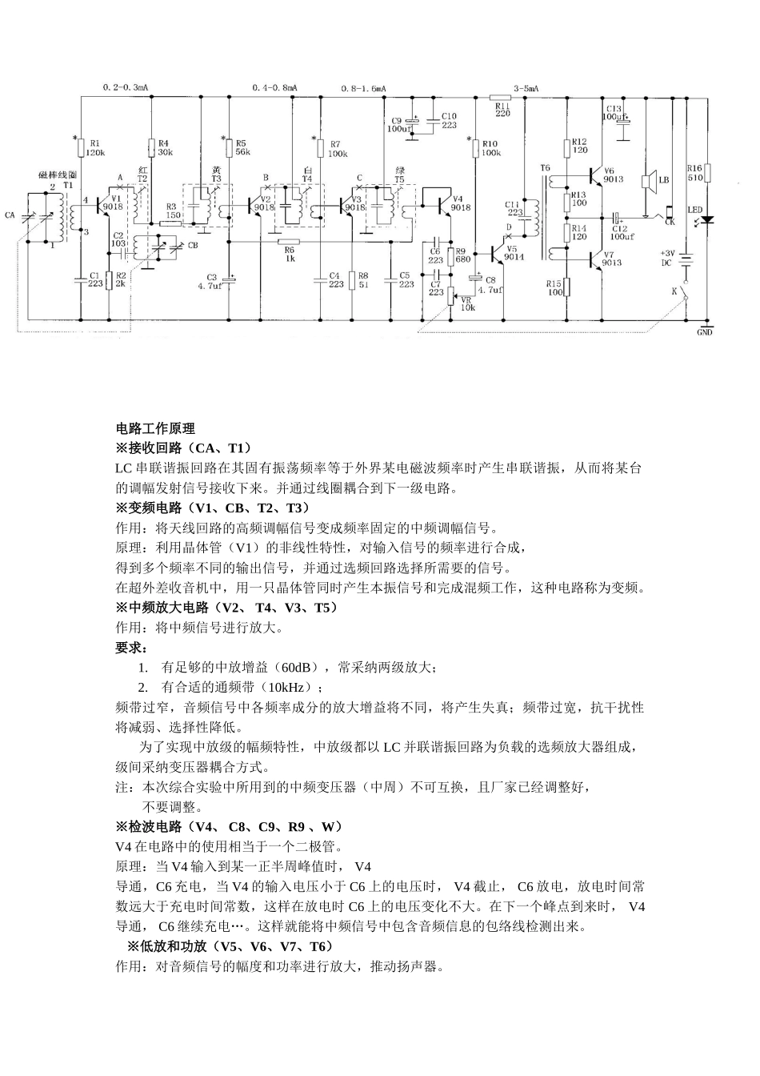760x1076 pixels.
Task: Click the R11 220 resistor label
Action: tap(502, 109)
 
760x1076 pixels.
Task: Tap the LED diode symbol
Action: tap(708, 219)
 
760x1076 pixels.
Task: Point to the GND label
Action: tap(704, 332)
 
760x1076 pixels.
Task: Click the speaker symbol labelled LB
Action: tap(650, 181)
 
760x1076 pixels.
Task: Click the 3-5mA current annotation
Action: tap(526, 87)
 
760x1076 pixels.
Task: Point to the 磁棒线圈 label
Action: tap(57, 175)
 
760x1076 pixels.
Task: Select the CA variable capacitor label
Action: tap(10, 215)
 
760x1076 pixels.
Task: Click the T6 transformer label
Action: tap(546, 168)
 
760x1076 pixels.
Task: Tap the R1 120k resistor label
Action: tap(94, 147)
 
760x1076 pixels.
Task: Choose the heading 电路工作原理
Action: tap(155, 429)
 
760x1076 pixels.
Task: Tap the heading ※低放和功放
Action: tap(161, 946)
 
